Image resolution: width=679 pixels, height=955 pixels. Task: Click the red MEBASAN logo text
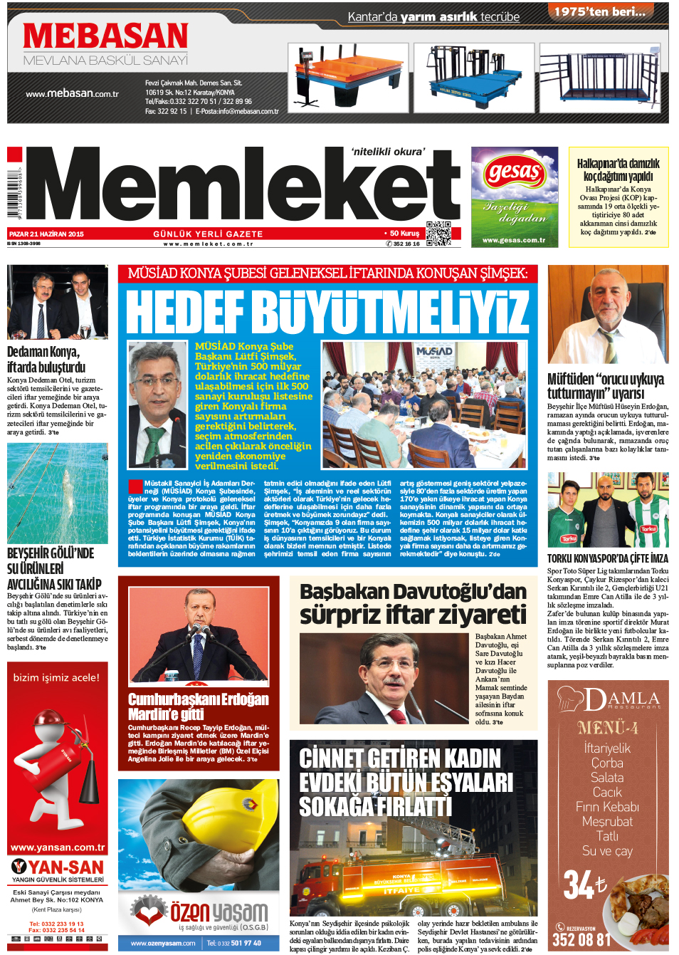coord(105,36)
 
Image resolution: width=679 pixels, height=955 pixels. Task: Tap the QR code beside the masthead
coord(438,234)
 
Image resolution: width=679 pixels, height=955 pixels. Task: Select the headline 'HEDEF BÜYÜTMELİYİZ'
coord(327,312)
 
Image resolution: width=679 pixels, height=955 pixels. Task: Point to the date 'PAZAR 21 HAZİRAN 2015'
coord(47,234)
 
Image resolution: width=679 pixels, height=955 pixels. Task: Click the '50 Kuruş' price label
coord(404,233)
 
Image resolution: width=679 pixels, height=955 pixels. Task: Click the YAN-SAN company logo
coord(58,867)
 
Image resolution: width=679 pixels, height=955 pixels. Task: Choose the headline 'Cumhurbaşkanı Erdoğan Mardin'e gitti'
coord(198,706)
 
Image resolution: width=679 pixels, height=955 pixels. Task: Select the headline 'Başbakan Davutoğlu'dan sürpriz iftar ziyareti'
coord(413,603)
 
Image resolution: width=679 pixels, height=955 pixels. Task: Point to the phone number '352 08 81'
coord(581,940)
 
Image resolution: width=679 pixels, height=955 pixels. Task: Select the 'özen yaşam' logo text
coord(219,912)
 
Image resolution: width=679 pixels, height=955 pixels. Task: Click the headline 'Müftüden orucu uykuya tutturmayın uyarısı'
coord(606,386)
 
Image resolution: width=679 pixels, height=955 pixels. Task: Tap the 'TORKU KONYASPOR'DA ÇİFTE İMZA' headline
coord(607,559)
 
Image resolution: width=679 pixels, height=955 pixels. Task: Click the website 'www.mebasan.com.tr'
coord(72,93)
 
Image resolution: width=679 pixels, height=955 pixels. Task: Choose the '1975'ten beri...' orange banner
coord(599,11)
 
